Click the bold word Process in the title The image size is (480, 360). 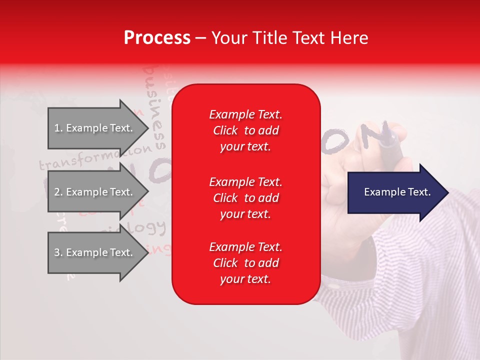point(157,38)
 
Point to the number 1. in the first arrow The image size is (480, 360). point(58,128)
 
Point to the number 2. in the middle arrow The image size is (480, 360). point(58,192)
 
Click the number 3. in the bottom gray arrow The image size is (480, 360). point(58,252)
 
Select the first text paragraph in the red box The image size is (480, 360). point(245,130)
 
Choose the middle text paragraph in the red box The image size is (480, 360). point(245,198)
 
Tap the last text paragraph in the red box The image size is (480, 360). point(245,263)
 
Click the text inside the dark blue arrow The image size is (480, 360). point(397,192)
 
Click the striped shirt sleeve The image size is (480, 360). point(415,280)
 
